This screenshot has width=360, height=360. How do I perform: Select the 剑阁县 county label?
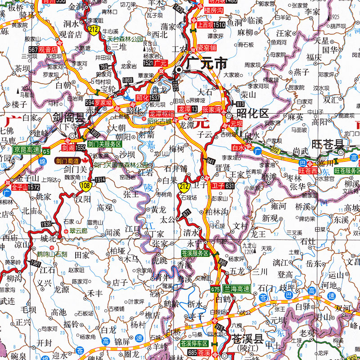click(x=68, y=118)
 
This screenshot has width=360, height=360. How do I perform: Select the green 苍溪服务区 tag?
click(x=194, y=253)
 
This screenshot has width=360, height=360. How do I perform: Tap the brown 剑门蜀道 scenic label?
click(x=67, y=160)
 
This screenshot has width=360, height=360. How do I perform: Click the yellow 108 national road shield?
click(x=85, y=185)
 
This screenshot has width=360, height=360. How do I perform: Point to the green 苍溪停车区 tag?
click(x=195, y=343)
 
